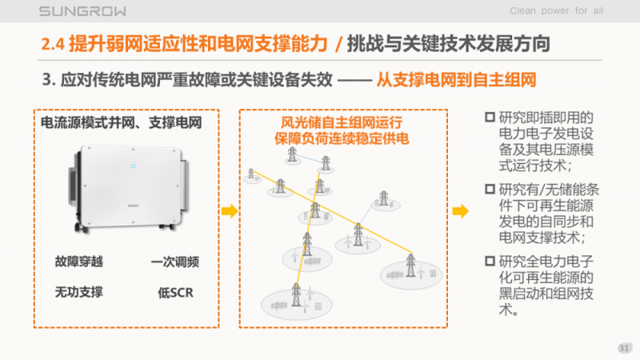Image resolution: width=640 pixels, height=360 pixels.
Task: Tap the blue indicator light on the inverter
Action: pyautogui.click(x=133, y=167)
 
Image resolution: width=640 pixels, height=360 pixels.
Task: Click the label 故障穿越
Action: pyautogui.click(x=78, y=262)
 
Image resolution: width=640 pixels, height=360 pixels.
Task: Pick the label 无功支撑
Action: pyautogui.click(x=78, y=292)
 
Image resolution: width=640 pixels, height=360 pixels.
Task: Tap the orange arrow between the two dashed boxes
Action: pyautogui.click(x=230, y=211)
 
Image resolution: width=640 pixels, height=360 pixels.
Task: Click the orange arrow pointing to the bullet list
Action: pyautogui.click(x=460, y=211)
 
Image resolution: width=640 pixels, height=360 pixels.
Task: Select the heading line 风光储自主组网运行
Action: pyautogui.click(x=342, y=124)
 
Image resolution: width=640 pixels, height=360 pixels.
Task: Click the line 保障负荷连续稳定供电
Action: pyautogui.click(x=342, y=140)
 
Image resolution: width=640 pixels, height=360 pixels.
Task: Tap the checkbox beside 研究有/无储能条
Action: pyautogui.click(x=490, y=190)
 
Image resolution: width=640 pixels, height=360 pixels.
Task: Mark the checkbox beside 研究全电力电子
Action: pyautogui.click(x=490, y=261)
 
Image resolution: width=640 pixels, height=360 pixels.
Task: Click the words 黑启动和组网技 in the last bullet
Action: pyautogui.click(x=546, y=294)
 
